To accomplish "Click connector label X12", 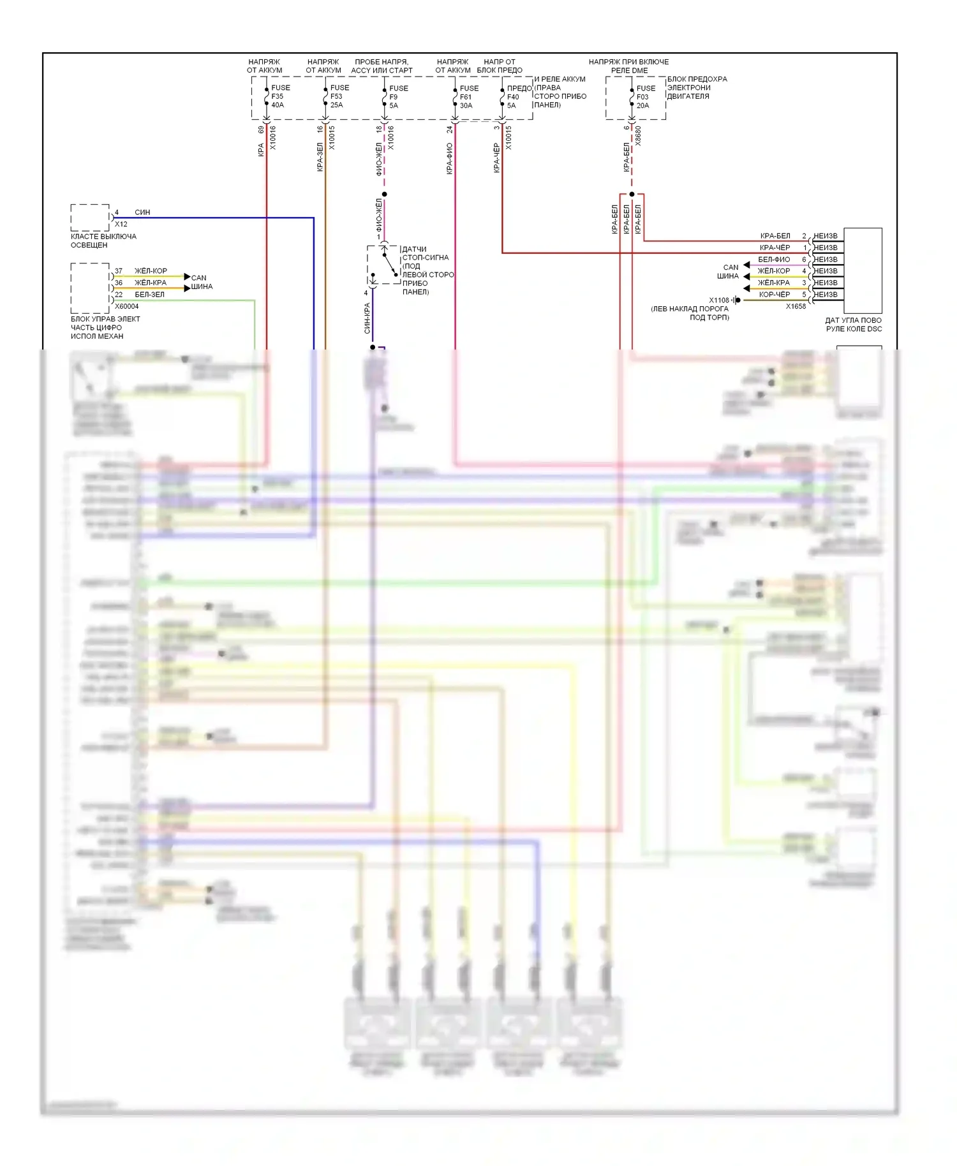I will [x=121, y=225].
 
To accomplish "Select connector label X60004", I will [x=126, y=306].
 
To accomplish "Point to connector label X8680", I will [x=638, y=137].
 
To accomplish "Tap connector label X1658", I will [x=796, y=306].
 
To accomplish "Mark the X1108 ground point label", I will [x=719, y=300].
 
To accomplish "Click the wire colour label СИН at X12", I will [x=142, y=212].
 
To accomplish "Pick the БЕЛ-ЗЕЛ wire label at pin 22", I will [x=149, y=295].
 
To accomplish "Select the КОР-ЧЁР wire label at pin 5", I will [x=774, y=295].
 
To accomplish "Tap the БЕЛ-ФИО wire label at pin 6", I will [x=773, y=260].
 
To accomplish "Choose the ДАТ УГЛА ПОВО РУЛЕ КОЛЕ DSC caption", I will [x=853, y=325].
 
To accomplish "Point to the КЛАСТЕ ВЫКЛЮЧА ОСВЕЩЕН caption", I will [x=103, y=240].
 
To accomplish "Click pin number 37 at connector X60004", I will [x=119, y=271].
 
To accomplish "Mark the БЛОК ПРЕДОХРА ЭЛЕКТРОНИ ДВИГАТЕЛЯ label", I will [x=697, y=88].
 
